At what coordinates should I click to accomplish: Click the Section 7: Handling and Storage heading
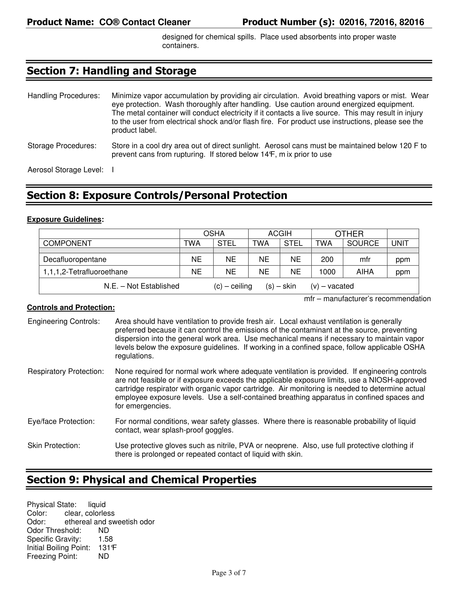tap(111, 71)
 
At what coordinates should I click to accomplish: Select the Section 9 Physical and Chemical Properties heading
tap(141, 480)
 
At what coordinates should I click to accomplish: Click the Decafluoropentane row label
tap(75, 259)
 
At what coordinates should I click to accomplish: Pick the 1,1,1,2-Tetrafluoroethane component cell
tap(85, 272)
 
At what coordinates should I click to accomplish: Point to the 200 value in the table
tap(327, 259)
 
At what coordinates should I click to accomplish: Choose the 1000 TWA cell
tap(327, 272)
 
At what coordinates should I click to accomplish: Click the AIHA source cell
tap(365, 272)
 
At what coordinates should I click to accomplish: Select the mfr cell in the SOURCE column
tap(365, 259)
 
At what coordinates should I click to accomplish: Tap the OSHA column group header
tap(214, 233)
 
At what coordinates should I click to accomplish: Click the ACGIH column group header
tap(279, 233)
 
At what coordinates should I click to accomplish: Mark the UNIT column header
tap(400, 243)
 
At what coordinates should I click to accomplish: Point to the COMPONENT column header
tap(67, 243)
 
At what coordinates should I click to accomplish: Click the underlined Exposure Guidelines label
tap(64, 219)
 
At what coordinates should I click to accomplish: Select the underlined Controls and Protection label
tap(71, 307)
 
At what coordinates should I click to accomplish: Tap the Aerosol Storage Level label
tap(65, 170)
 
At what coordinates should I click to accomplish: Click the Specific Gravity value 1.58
tap(105, 539)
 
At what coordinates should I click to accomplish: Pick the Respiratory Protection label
tap(66, 371)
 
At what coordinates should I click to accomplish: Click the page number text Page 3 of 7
tap(229, 573)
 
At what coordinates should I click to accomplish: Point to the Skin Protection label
tap(54, 446)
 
